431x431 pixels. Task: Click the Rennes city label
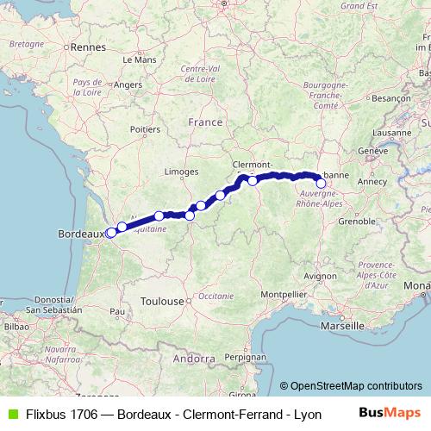click(x=87, y=48)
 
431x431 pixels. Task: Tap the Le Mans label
click(x=139, y=60)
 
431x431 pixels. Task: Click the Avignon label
click(x=319, y=276)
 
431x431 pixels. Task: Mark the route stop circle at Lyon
click(x=321, y=183)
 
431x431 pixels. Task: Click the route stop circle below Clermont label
click(x=253, y=181)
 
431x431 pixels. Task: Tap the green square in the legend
click(x=11, y=414)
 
